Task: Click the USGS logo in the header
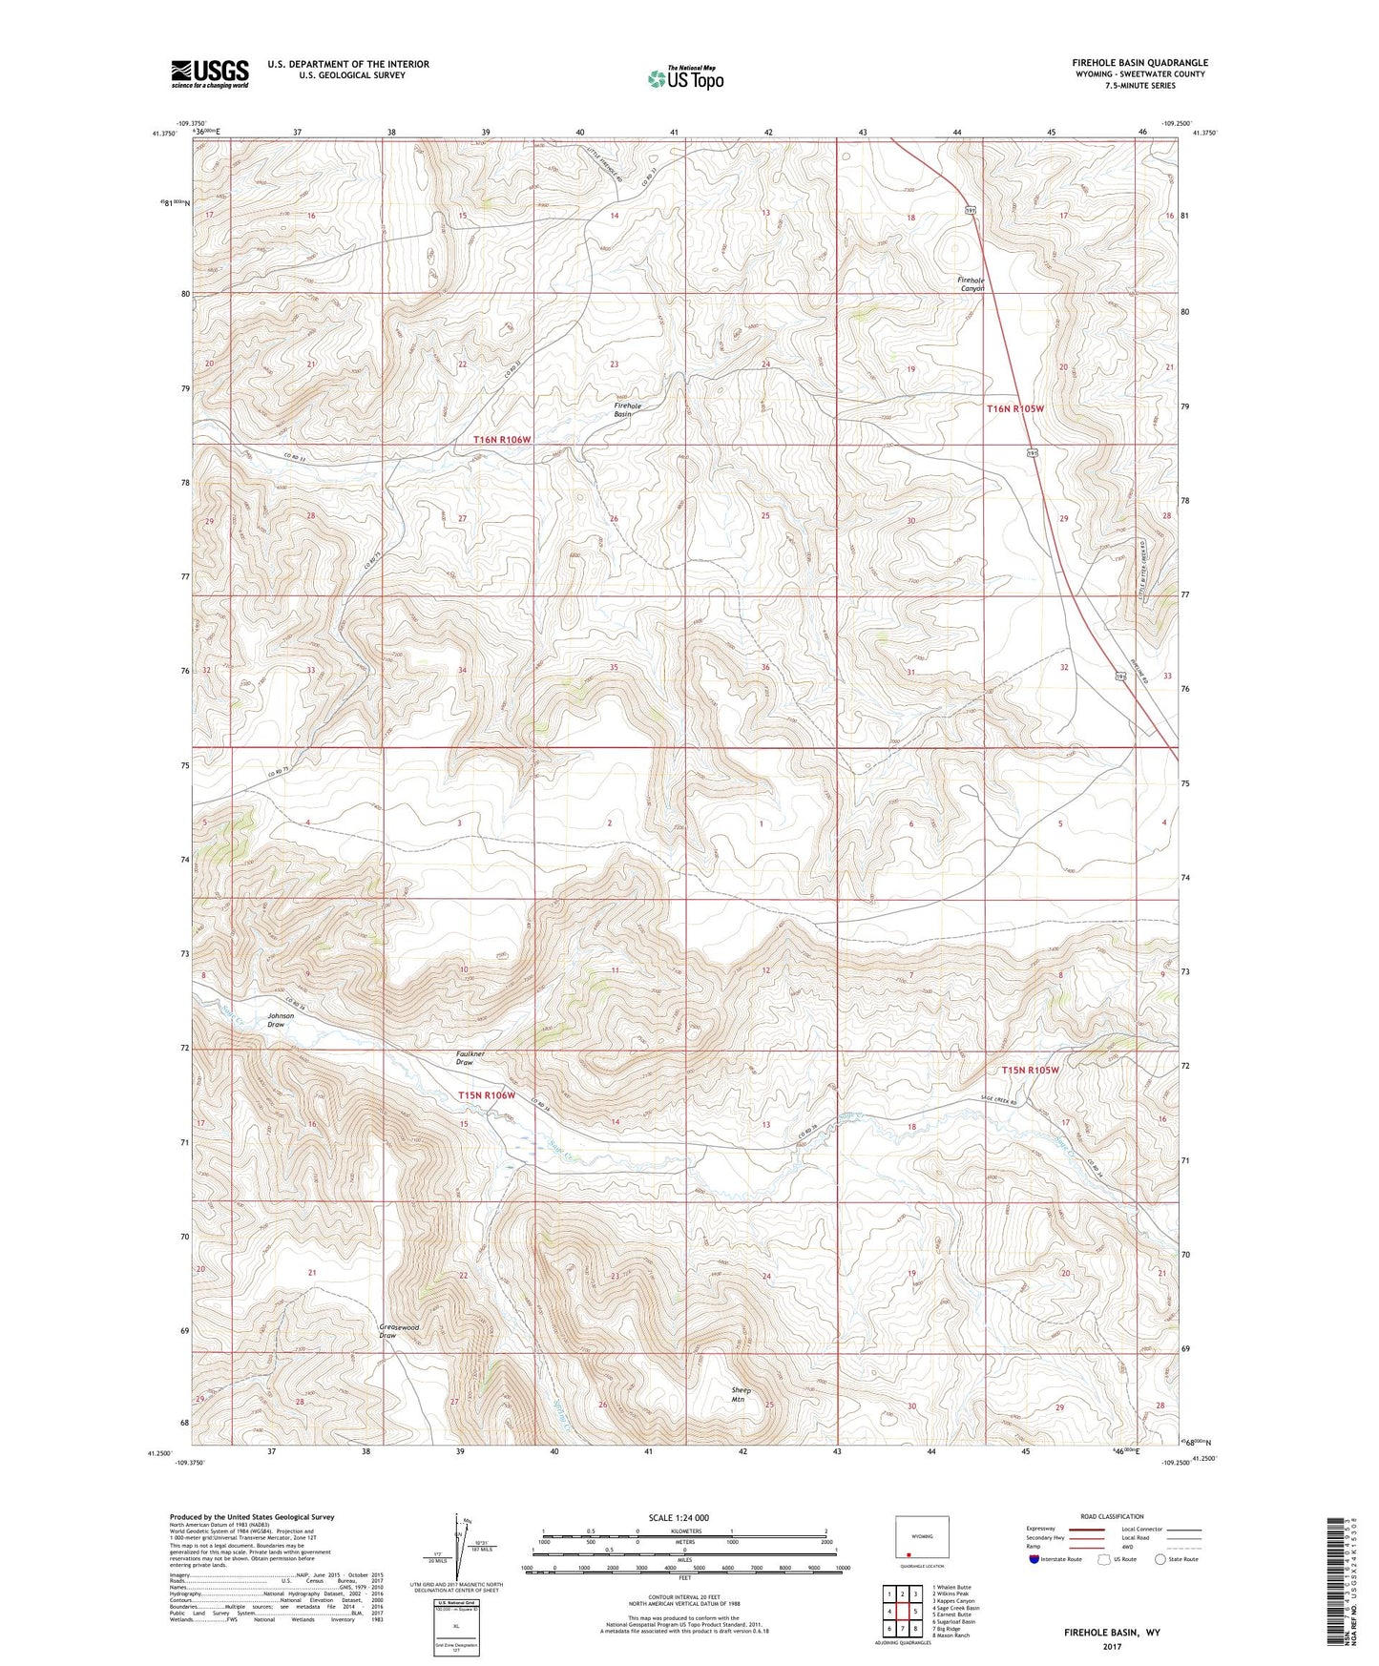point(209,73)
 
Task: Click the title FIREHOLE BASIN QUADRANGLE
point(1139,63)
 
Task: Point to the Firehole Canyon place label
point(971,284)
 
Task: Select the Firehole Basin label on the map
point(627,410)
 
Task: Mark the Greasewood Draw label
point(399,1331)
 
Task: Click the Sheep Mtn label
point(741,1395)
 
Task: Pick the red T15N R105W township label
point(1030,1071)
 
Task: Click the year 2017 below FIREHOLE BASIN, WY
point(1112,1647)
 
